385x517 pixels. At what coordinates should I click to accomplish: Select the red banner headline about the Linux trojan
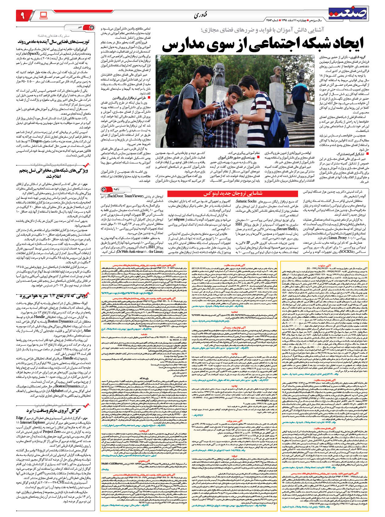coord(233,193)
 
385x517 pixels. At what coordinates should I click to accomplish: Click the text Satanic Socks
coord(246,201)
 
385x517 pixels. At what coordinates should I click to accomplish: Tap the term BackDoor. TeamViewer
coord(125,196)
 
